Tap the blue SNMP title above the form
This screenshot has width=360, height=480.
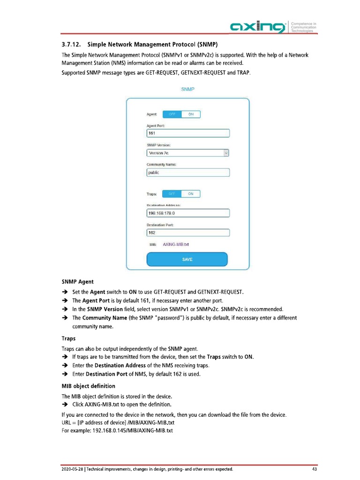point(187,89)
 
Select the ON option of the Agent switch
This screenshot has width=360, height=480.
point(191,114)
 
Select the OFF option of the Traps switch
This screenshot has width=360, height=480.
point(172,194)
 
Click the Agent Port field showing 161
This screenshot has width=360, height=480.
point(188,134)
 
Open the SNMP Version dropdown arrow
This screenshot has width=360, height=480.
point(226,153)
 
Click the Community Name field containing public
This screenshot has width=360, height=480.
point(188,172)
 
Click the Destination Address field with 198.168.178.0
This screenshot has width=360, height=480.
point(188,213)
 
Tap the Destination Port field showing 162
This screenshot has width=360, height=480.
point(188,232)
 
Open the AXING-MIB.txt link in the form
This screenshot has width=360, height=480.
point(176,244)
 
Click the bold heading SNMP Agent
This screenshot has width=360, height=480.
point(77,282)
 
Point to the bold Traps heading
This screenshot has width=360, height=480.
point(69,337)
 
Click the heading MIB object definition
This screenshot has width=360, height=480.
point(88,386)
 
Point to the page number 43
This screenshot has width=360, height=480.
point(314,469)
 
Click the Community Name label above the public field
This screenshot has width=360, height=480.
point(161,164)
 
